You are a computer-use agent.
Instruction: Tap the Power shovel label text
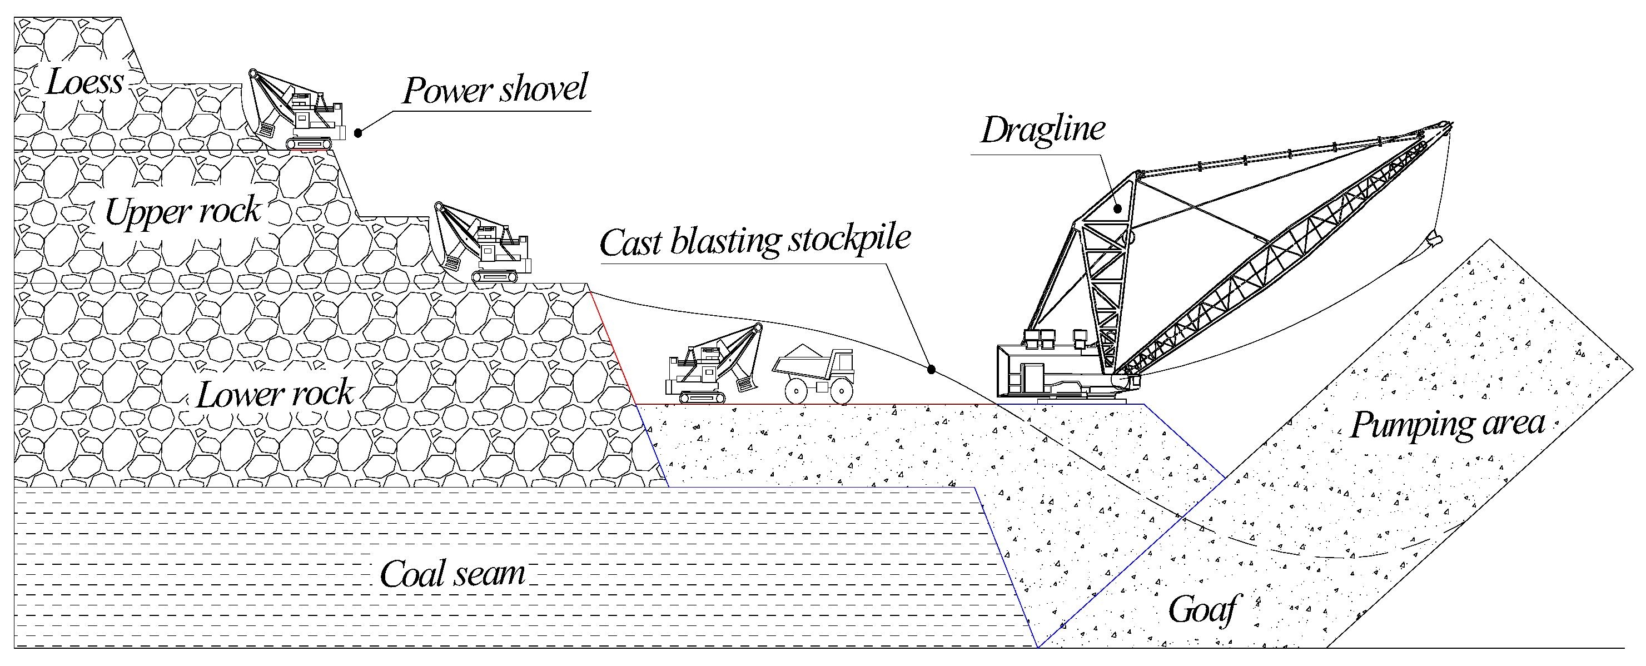pyautogui.click(x=495, y=90)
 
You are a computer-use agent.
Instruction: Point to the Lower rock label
pyautogui.click(x=275, y=394)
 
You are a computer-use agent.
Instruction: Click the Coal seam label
pyautogui.click(x=452, y=574)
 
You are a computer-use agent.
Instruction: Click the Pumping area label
pyautogui.click(x=1448, y=424)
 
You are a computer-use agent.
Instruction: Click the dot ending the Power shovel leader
pyautogui.click(x=359, y=133)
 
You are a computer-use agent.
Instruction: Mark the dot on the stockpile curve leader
pyautogui.click(x=932, y=370)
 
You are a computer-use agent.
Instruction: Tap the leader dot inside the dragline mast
pyautogui.click(x=1117, y=208)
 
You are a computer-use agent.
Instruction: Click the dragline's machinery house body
pyautogui.click(x=1048, y=374)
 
